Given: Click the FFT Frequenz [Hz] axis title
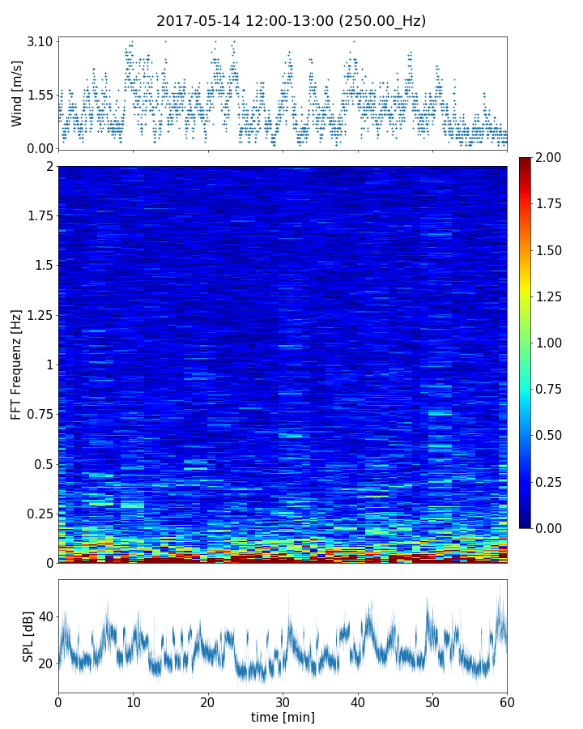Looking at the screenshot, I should tap(17, 364).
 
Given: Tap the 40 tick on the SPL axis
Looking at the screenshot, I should tap(45, 616).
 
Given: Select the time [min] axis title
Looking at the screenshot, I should tap(283, 717).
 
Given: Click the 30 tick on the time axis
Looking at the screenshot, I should tap(283, 701).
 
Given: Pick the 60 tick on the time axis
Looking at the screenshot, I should tap(507, 701).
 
